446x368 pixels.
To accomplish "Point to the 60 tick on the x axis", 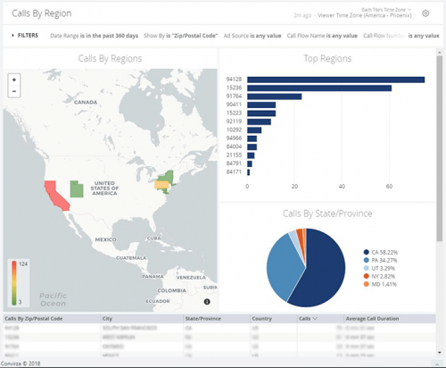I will pos(389,187).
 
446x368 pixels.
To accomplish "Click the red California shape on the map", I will pos(51,192).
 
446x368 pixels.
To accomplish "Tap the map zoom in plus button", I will pos(14,79).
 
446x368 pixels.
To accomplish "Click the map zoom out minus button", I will pos(14,91).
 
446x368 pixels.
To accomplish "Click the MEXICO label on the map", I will pos(106,239).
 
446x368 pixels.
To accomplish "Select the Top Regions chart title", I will pos(327,60).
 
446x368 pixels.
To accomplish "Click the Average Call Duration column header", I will pos(373,318).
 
